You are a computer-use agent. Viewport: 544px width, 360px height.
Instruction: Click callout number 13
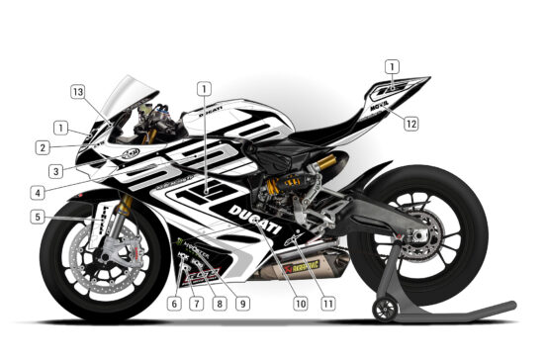pos(76,90)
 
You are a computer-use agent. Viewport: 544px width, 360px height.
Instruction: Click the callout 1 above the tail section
pos(392,67)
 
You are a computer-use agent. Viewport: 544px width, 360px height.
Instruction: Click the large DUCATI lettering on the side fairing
pos(255,218)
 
